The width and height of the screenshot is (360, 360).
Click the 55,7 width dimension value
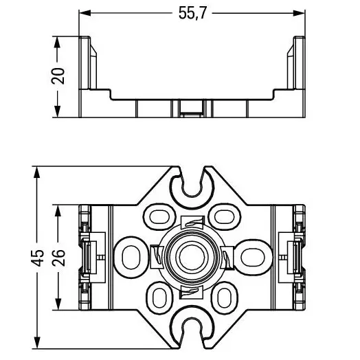click(192, 13)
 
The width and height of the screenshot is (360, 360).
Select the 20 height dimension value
click(58, 76)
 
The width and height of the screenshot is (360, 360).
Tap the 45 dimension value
click(37, 258)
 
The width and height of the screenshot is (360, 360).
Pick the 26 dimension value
click(58, 258)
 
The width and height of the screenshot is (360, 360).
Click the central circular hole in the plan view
click(191, 257)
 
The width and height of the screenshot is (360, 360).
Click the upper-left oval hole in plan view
click(159, 216)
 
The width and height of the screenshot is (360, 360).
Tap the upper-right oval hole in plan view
click(224, 216)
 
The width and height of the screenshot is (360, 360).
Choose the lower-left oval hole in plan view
click(159, 297)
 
